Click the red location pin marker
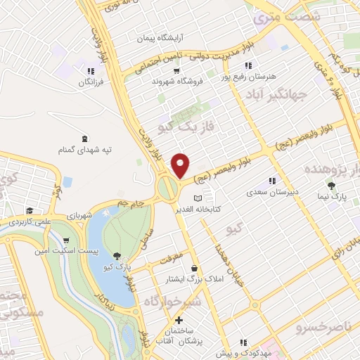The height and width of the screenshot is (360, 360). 181,166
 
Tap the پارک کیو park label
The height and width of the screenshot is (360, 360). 119,267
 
